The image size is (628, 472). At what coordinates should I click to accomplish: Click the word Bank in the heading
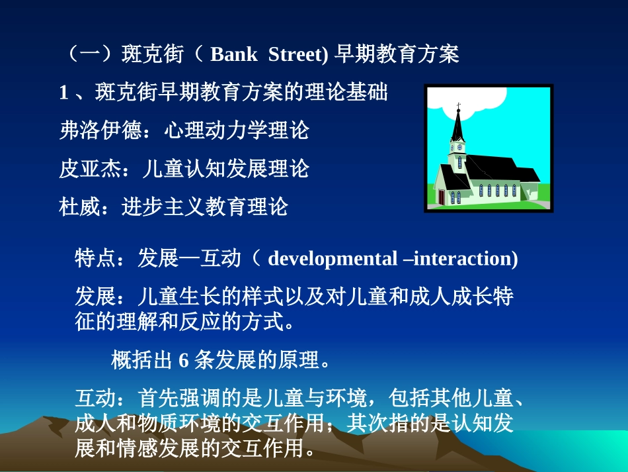tap(233, 54)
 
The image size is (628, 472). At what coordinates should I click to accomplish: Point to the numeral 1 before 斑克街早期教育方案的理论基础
tap(64, 93)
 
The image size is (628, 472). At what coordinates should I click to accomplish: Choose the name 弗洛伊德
tap(100, 130)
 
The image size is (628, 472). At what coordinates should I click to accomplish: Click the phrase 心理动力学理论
tap(236, 130)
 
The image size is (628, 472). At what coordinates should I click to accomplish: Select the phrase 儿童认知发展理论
tap(225, 169)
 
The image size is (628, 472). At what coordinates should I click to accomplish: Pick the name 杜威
tap(79, 207)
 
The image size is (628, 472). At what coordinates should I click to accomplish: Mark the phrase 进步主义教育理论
tap(205, 207)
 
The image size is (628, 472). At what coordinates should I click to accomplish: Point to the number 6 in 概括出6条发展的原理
tap(184, 361)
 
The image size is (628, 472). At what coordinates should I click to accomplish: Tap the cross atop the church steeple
tap(457, 105)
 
